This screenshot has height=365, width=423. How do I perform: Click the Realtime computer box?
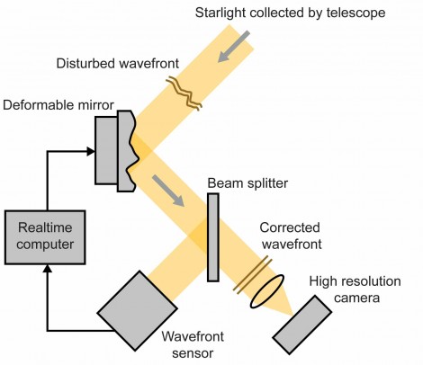coord(45,237)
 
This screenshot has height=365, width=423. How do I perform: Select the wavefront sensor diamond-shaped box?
coord(137,311)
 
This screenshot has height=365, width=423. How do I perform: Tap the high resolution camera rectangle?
coord(302,325)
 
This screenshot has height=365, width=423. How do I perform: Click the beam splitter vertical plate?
coord(213,237)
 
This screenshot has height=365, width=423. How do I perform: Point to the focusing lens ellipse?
coord(266,291)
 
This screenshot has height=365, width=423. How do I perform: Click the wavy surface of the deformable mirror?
coord(132,151)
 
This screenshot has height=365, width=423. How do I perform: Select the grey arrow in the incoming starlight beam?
coord(233,46)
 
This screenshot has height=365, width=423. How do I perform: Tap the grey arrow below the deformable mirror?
coord(168,191)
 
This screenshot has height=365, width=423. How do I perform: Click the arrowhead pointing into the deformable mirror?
coord(91,151)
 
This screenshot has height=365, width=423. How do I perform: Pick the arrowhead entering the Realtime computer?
coord(48,269)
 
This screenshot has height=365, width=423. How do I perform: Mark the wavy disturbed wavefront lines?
coord(184,93)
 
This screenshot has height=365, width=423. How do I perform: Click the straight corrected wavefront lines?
coord(253,275)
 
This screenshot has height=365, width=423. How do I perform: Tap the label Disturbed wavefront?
coord(118,64)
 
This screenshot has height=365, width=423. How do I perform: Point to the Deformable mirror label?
coord(58,105)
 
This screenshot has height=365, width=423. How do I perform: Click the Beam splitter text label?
coord(247,183)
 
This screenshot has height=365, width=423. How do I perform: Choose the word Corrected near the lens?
coord(290,227)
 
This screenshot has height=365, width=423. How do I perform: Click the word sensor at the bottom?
coord(193,353)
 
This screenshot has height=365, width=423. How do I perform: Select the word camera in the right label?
coord(356,298)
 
